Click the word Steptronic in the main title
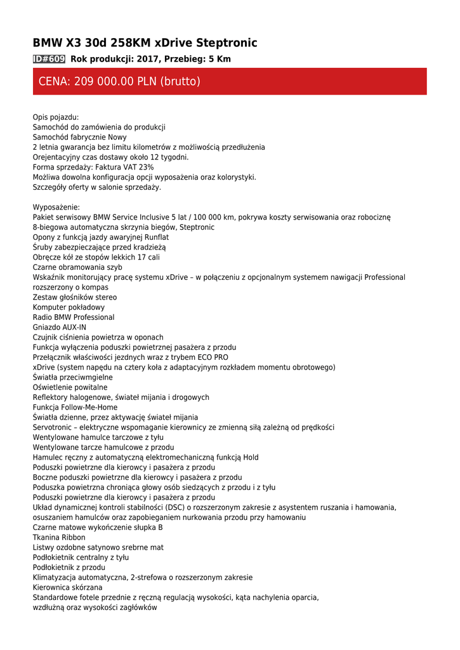(x=227, y=43)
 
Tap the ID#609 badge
(x=49, y=59)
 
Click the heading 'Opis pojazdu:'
(x=56, y=117)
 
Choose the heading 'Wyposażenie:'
(x=56, y=207)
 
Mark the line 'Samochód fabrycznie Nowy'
(x=80, y=137)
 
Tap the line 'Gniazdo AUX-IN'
(x=60, y=328)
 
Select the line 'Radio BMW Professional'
(x=74, y=317)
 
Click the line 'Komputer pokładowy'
(x=69, y=307)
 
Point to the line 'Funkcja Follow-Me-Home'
(x=75, y=408)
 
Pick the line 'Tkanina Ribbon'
(x=59, y=538)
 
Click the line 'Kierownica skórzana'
(x=67, y=588)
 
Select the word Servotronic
(x=53, y=428)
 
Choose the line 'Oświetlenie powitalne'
(x=70, y=387)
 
